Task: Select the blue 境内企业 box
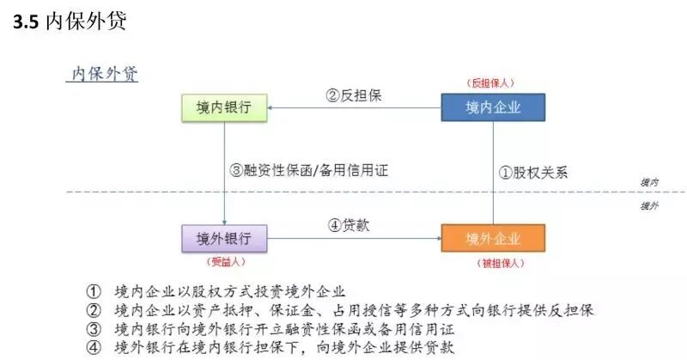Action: tap(493, 107)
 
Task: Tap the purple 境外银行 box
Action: tap(224, 237)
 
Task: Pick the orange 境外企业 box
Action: tap(493, 237)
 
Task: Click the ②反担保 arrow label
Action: tap(354, 96)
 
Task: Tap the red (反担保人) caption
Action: tap(493, 83)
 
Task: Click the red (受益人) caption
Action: tap(224, 260)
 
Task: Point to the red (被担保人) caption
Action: tap(493, 260)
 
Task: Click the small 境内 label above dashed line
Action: tap(649, 182)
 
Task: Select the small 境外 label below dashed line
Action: tap(649, 206)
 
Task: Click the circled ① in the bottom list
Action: tap(94, 290)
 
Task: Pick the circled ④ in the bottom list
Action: tap(94, 348)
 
